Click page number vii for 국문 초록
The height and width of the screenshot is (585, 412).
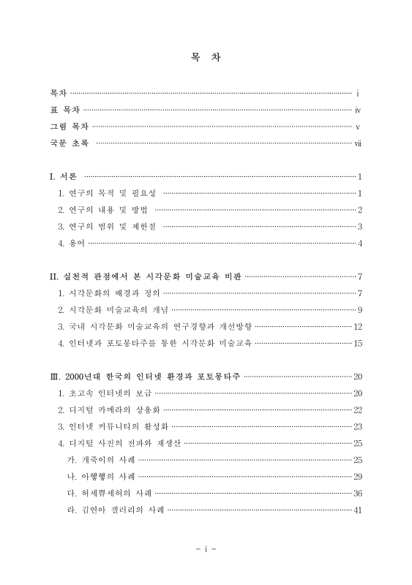click(358, 143)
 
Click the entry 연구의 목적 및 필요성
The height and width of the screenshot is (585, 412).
click(110, 193)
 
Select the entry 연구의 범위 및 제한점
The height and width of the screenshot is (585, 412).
click(110, 226)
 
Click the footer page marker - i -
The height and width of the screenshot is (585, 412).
click(206, 547)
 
